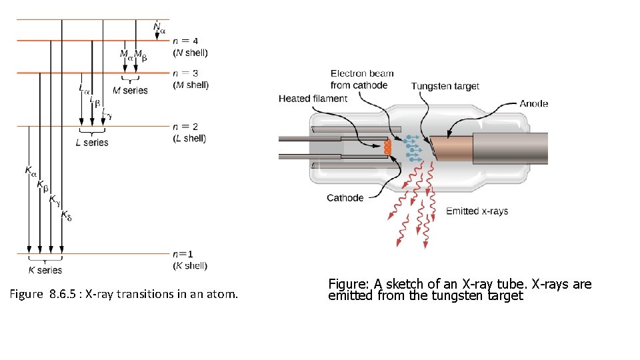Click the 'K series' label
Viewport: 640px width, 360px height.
[x=45, y=270]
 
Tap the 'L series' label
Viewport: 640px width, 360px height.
[x=91, y=142]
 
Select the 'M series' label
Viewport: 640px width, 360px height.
[x=130, y=91]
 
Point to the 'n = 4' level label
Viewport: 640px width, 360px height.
[x=185, y=41]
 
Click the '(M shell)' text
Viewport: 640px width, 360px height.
[x=191, y=85]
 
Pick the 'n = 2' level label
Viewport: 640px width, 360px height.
[x=185, y=127]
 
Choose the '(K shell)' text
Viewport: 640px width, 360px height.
[x=189, y=266]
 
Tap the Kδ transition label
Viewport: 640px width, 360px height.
[x=67, y=215]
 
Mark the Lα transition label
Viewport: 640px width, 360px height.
[x=84, y=87]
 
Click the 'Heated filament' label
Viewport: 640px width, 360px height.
[x=313, y=99]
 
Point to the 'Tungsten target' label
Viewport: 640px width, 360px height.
[x=445, y=86]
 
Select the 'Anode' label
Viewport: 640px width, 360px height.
[x=534, y=103]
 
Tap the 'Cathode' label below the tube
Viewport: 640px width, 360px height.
[x=345, y=198]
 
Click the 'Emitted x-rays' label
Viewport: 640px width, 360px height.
[x=477, y=211]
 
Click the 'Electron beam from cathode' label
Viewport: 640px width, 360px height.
[x=362, y=79]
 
